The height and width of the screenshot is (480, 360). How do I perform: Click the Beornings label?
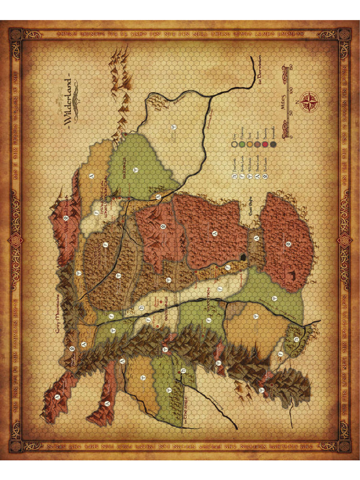(x=161, y=309)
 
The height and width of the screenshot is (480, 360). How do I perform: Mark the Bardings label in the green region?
(x=125, y=165)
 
